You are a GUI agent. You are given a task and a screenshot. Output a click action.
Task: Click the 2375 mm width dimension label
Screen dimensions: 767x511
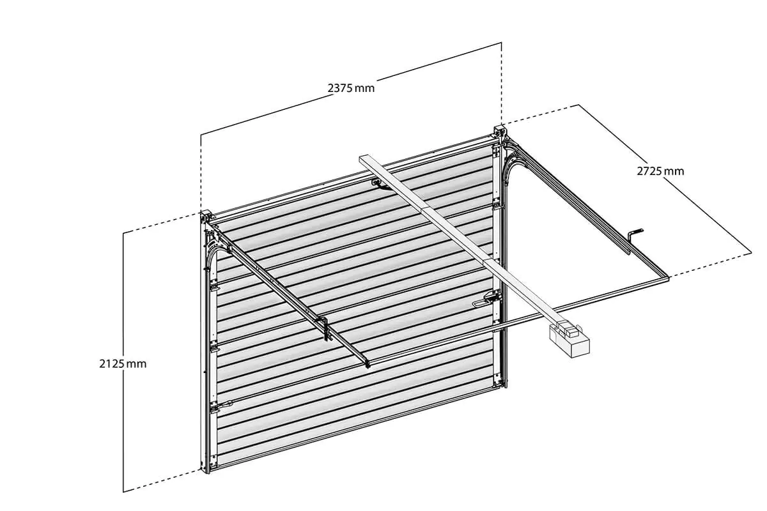[x=351, y=88]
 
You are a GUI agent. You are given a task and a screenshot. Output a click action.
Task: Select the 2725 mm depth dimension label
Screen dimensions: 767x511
[x=660, y=171]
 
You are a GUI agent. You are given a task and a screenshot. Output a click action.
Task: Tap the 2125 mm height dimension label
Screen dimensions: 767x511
[x=123, y=363]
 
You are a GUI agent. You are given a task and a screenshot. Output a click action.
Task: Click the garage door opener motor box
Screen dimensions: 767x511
[x=569, y=340]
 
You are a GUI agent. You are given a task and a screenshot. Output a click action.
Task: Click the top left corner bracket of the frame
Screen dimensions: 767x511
[x=205, y=217]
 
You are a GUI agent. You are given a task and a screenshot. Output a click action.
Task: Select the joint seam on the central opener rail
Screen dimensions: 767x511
[x=424, y=210]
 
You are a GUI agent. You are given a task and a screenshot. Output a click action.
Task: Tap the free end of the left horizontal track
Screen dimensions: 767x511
[x=368, y=365]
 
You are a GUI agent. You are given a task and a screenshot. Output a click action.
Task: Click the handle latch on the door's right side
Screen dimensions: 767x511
[x=486, y=300]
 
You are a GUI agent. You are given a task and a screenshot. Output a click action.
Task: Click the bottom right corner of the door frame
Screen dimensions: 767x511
[x=506, y=388]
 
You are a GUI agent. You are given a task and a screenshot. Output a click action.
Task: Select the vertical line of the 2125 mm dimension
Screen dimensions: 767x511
[x=123, y=362]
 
